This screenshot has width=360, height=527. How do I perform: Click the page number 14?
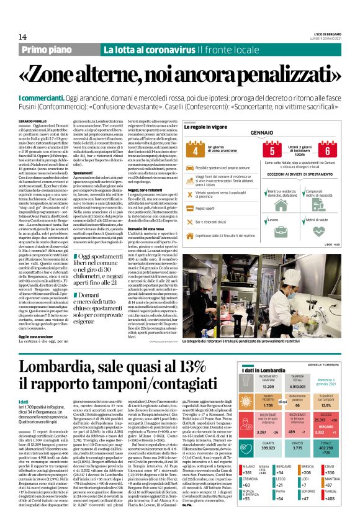point(14,38)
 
